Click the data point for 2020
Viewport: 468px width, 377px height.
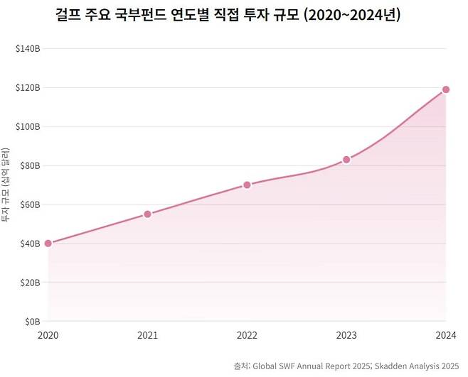click(x=48, y=244)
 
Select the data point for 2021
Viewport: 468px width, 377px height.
click(x=147, y=214)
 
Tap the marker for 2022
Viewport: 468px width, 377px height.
click(x=247, y=185)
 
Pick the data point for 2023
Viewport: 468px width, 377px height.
click(x=346, y=160)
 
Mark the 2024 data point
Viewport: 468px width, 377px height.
click(x=446, y=89)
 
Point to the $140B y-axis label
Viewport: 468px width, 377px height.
click(x=27, y=49)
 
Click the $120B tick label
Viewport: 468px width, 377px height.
click(x=27, y=88)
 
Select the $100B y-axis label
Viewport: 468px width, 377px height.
click(x=27, y=127)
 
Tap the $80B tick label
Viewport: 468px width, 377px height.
click(x=28, y=166)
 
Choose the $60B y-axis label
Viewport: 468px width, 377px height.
click(x=28, y=205)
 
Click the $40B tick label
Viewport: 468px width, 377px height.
click(x=28, y=244)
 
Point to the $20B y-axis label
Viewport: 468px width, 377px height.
click(x=28, y=283)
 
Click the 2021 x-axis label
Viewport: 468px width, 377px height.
click(x=147, y=335)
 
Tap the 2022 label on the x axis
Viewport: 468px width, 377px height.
click(x=247, y=335)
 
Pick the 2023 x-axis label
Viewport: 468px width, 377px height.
click(x=346, y=335)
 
